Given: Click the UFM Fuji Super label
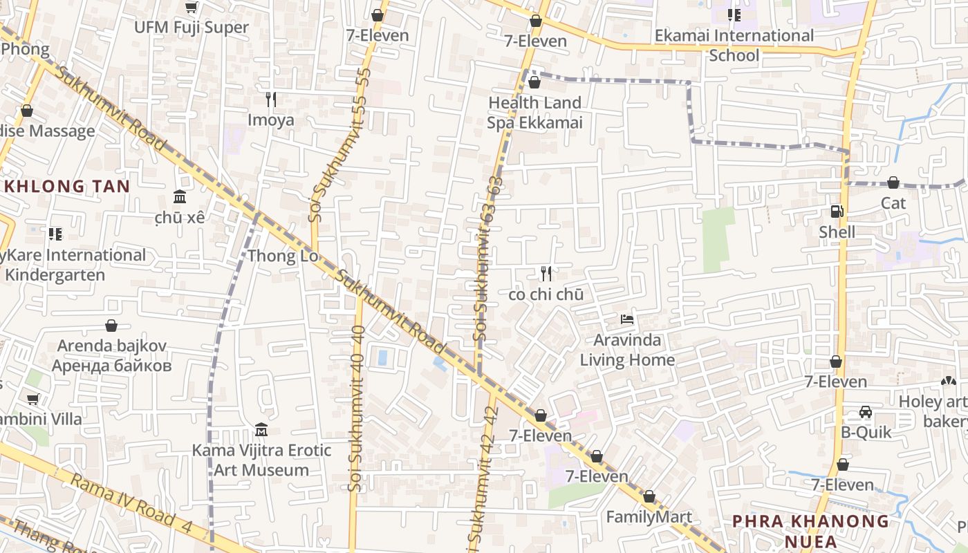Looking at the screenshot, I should [x=191, y=28].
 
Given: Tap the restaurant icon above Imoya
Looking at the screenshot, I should [x=271, y=100].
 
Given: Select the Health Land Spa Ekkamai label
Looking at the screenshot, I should [x=534, y=113].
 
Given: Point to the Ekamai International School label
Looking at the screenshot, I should [x=734, y=45].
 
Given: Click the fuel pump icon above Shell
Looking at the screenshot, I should [x=837, y=212].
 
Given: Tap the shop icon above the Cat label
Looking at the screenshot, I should [x=893, y=182].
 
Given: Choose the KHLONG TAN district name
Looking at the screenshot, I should [x=66, y=186].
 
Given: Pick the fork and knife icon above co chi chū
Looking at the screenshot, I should [x=546, y=274].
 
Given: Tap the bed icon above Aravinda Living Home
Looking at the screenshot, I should [x=627, y=319].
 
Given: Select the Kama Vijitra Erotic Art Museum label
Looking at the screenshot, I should [x=261, y=460].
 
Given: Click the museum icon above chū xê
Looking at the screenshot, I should [x=180, y=196].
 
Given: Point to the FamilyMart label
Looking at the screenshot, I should [x=649, y=517].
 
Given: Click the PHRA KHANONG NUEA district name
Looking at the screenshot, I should [x=810, y=530].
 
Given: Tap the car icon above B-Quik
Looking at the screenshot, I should [x=865, y=412].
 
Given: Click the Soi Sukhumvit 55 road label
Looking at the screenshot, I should [x=341, y=145].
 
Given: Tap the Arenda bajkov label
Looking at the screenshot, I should [x=111, y=355].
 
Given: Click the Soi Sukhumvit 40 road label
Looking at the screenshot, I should [x=357, y=408].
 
